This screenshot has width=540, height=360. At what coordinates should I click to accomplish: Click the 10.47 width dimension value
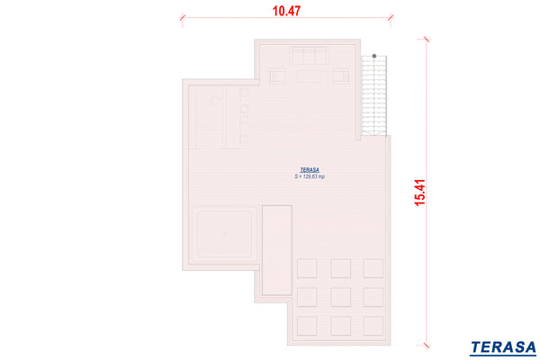(286, 11)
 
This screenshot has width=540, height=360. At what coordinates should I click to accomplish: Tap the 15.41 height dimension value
(420, 193)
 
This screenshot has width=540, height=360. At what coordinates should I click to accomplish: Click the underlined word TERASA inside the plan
(310, 170)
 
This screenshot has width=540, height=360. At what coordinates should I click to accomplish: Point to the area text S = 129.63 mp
(310, 176)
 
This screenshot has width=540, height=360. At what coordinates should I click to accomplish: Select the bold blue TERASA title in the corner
(503, 347)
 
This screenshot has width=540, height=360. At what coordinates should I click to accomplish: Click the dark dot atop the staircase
(374, 56)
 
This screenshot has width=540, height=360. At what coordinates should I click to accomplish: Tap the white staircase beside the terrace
(374, 95)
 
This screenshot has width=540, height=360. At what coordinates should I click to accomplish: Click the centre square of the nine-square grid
(340, 297)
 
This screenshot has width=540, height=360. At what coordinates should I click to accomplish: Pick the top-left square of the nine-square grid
(307, 268)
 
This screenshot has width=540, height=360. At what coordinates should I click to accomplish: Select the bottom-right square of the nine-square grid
(373, 326)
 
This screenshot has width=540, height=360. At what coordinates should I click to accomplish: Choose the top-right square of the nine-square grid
(373, 268)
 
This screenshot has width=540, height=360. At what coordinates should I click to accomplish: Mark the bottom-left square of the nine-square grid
(307, 326)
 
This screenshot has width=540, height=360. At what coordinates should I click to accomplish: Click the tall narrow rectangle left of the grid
(277, 250)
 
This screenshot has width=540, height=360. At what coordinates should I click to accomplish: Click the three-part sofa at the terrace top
(310, 56)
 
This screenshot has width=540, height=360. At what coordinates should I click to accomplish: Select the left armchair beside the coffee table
(277, 76)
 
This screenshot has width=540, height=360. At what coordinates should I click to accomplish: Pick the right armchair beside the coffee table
(340, 76)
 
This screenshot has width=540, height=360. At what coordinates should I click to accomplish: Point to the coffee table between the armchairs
(309, 76)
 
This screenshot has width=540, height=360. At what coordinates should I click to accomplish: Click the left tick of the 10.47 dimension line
(183, 18)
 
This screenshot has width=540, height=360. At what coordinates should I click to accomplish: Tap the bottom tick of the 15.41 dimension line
(427, 345)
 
